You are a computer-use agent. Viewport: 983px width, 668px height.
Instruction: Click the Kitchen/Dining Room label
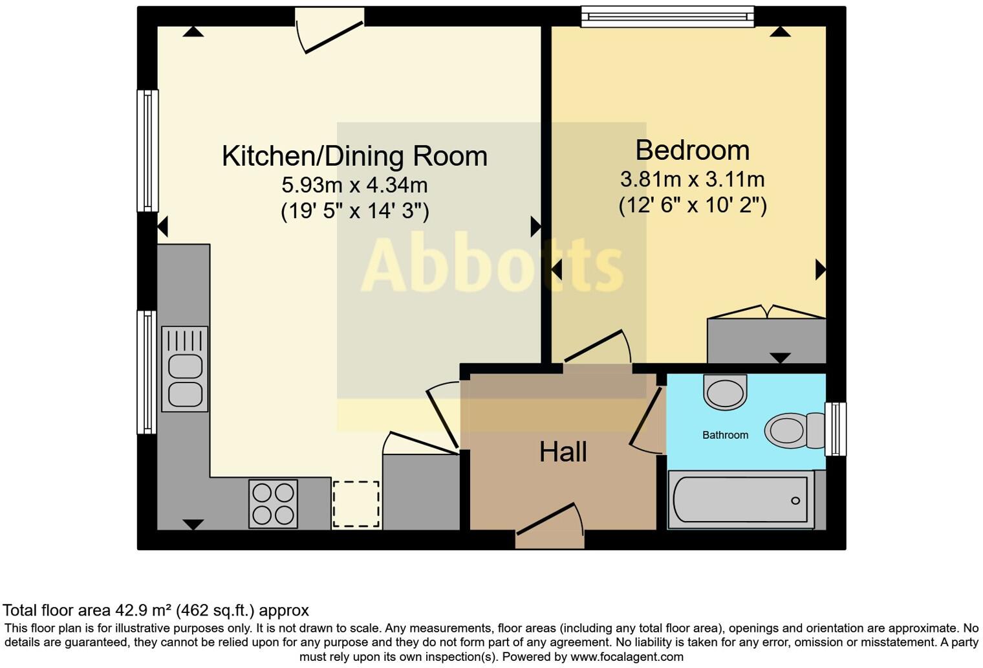[x=354, y=156]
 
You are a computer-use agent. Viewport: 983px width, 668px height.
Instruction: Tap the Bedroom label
[x=692, y=150]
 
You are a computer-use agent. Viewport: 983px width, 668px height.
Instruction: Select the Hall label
[x=563, y=452]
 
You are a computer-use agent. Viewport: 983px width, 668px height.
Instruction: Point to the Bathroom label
[x=725, y=435]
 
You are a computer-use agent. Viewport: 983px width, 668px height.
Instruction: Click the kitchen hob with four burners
[x=273, y=504]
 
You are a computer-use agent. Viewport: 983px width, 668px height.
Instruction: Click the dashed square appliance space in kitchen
[x=356, y=504]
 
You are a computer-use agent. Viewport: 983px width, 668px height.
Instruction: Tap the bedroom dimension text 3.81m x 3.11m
[x=692, y=179]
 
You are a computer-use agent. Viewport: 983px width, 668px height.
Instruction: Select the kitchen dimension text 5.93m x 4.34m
[x=354, y=185]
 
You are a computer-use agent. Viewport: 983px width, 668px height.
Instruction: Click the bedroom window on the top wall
[x=667, y=16]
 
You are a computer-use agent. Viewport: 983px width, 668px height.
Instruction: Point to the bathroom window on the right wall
[x=836, y=429]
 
